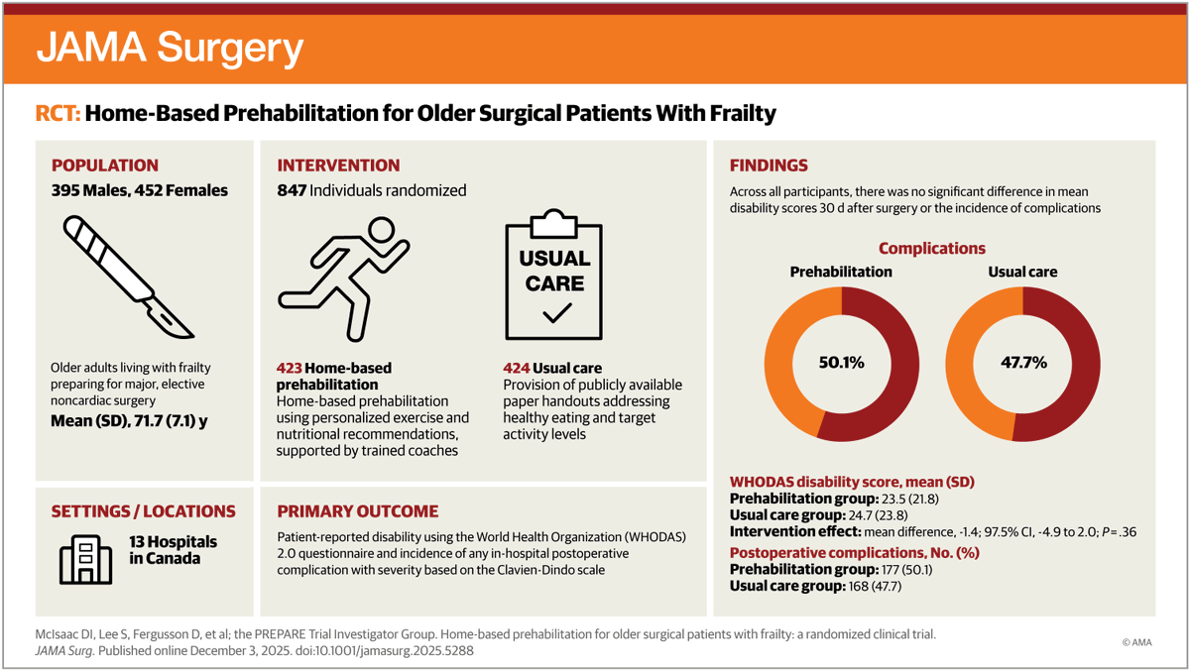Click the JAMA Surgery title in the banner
coord(170,47)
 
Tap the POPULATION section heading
coord(104,166)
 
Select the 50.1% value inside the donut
coord(840,363)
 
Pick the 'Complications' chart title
coord(931,249)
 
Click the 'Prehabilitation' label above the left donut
coord(840,272)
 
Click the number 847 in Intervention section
coord(293,190)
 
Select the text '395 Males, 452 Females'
coord(140,190)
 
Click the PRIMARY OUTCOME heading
coord(357,511)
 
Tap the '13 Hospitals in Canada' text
coord(173,550)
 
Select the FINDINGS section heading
coord(769,166)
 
